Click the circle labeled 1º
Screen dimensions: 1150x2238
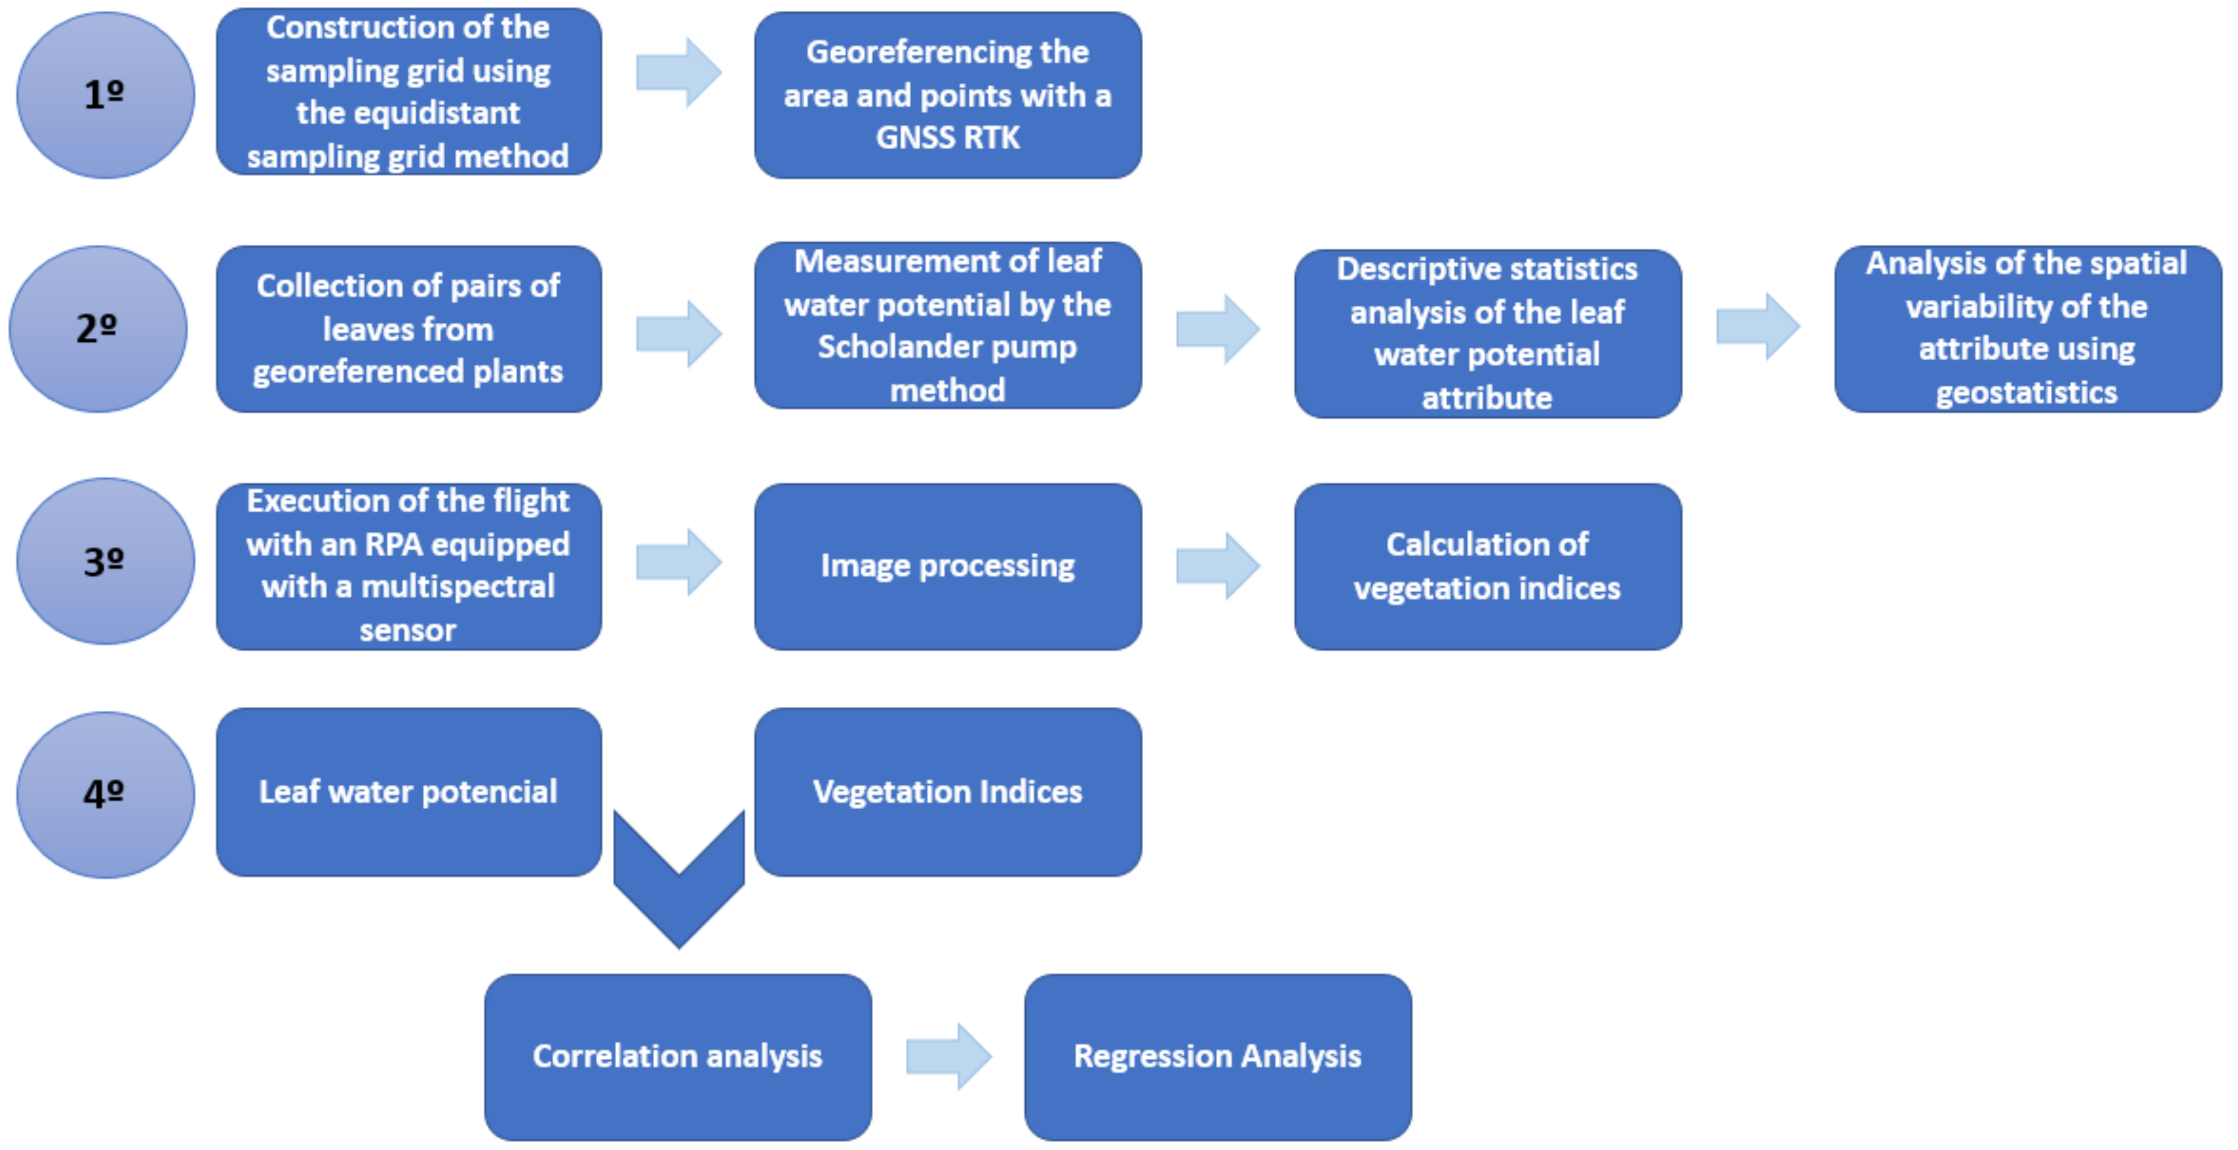coord(105,94)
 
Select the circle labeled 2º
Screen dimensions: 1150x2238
coord(98,328)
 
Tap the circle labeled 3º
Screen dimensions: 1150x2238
coord(105,561)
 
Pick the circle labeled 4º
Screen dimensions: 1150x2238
coord(105,794)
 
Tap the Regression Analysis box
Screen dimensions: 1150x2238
coord(1217,1056)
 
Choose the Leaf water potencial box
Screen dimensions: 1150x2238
coord(408,791)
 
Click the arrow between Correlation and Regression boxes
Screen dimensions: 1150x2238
coord(949,1056)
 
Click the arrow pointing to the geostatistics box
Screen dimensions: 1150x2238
coord(1758,326)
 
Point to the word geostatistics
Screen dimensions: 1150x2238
coord(2026,393)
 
